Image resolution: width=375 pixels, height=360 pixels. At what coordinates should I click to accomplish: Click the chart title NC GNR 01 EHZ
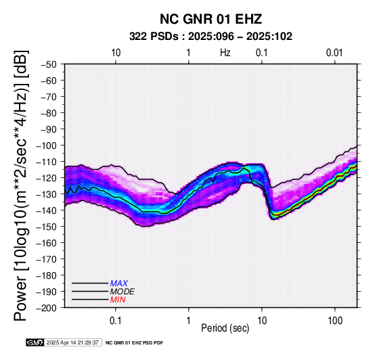pos(211,19)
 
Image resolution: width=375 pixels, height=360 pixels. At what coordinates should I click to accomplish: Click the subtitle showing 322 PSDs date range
pos(211,37)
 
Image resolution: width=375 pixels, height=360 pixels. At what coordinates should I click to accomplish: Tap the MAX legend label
pos(119,284)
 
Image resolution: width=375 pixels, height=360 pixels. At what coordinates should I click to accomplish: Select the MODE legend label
pos(123,292)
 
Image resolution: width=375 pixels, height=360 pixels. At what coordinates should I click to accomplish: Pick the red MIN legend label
pos(118,300)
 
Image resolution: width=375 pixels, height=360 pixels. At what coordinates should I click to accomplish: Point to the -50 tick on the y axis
pos(49,64)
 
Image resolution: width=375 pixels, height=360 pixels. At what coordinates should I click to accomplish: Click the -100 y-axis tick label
pos(47,145)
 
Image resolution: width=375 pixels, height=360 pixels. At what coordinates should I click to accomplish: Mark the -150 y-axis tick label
pos(47,227)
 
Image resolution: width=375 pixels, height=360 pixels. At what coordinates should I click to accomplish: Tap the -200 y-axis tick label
pos(47,308)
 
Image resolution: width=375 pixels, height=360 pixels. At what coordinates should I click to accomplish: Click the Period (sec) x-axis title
pos(225,328)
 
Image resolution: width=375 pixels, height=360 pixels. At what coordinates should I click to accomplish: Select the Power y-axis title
pos(20,185)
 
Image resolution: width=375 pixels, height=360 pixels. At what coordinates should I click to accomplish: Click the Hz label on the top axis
pos(225,53)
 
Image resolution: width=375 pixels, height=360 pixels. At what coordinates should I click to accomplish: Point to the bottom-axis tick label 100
pos(335,321)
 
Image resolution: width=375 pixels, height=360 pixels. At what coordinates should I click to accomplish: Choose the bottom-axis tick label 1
pos(189,321)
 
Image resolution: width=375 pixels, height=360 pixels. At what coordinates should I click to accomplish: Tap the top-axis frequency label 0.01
pos(334,53)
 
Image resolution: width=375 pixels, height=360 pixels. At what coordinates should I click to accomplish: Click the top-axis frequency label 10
pos(116,53)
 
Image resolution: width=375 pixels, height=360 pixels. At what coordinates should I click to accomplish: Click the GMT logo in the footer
pos(35,342)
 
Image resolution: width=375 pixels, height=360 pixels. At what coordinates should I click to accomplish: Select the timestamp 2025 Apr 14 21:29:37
pos(72,342)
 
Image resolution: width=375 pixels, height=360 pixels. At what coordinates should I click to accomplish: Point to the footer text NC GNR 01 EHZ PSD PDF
pos(135,343)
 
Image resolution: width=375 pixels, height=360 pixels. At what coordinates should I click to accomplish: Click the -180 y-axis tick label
pos(47,275)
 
